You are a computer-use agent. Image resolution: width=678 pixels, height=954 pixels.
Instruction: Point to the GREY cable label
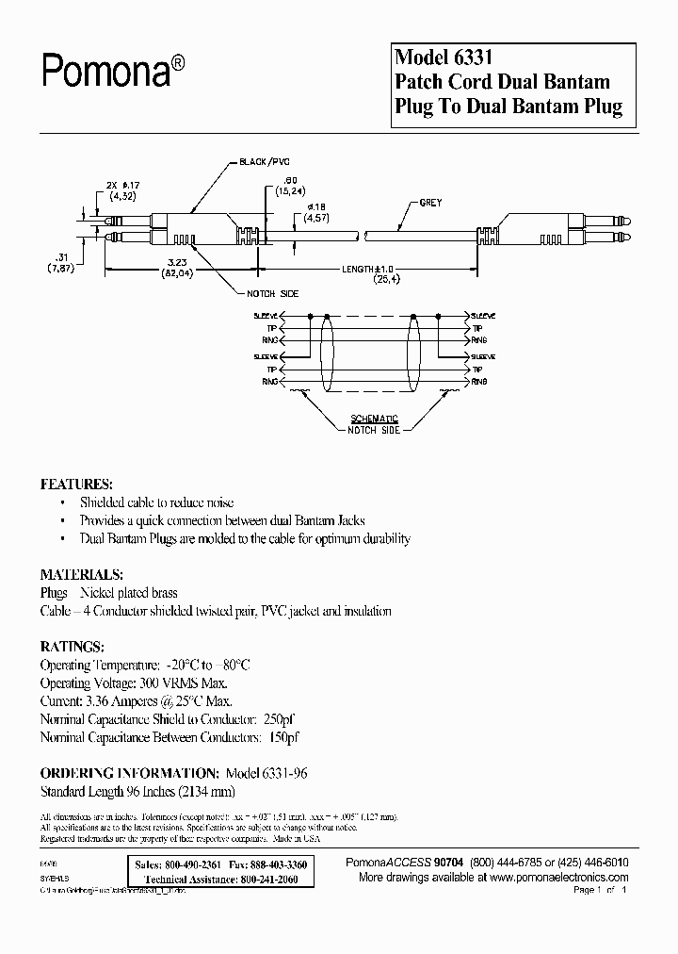[x=430, y=204]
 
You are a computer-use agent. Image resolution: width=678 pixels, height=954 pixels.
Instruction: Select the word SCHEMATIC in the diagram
[x=375, y=419]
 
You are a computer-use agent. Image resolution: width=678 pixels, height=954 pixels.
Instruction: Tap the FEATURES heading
[x=76, y=484]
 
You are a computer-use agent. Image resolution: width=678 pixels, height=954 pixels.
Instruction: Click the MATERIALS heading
[x=81, y=574]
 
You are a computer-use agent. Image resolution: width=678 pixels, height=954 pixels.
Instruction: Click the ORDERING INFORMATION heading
[x=129, y=772]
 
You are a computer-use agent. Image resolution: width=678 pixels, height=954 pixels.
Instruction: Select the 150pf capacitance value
[x=282, y=736]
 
